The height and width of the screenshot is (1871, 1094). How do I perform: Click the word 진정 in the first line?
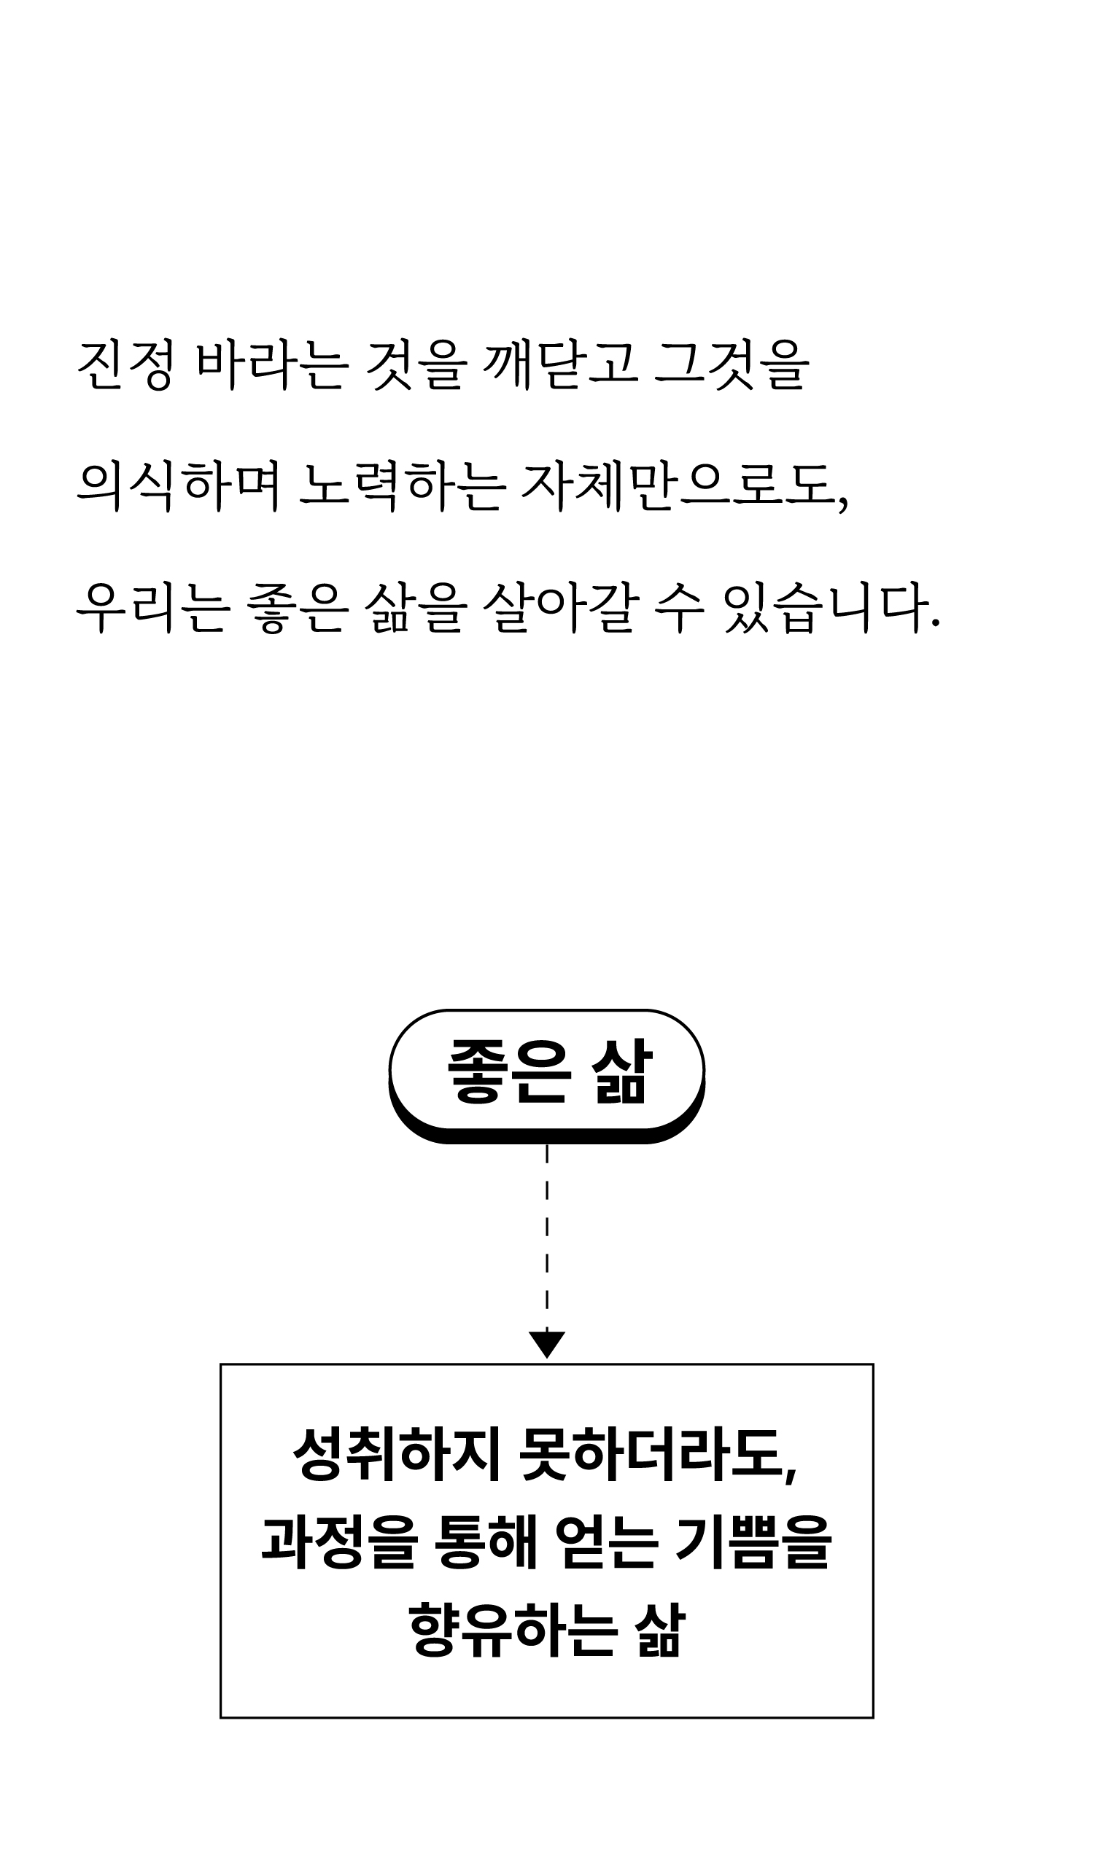(125, 365)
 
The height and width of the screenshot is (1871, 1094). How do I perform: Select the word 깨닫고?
(561, 365)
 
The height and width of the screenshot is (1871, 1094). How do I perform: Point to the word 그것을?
(732, 365)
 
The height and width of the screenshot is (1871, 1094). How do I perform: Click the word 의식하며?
(179, 488)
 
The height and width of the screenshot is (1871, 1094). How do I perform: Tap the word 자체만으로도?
(683, 488)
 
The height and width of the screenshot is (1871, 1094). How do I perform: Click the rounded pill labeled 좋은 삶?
(546, 1072)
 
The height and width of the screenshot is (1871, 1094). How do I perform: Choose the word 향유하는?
(513, 1630)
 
